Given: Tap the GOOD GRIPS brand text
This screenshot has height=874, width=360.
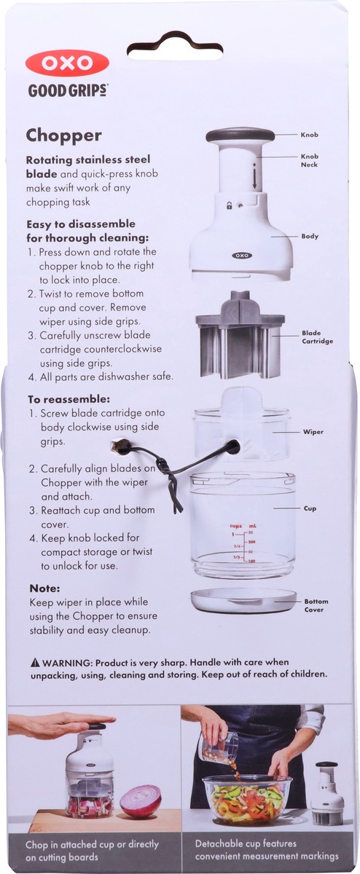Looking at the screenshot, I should pos(69,91).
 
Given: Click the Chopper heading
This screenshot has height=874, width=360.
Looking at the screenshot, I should pos(64,135).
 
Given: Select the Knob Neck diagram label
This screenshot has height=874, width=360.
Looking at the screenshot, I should pos(310,160).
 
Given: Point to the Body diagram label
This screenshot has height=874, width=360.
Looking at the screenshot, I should pos(310,237).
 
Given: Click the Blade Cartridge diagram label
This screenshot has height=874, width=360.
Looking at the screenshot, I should pos(312,336).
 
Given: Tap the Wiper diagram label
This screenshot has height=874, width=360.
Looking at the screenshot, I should pos(313,432).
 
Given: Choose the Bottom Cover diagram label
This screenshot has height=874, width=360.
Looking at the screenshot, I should pos(316,605).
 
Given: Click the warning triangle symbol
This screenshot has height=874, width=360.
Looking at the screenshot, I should pos(34,663).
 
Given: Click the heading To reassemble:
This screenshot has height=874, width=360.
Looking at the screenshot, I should pos(69,399).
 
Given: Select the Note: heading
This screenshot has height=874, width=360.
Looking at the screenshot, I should pos(44,588).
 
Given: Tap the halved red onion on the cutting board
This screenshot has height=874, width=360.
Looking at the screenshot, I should pos(141,800).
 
